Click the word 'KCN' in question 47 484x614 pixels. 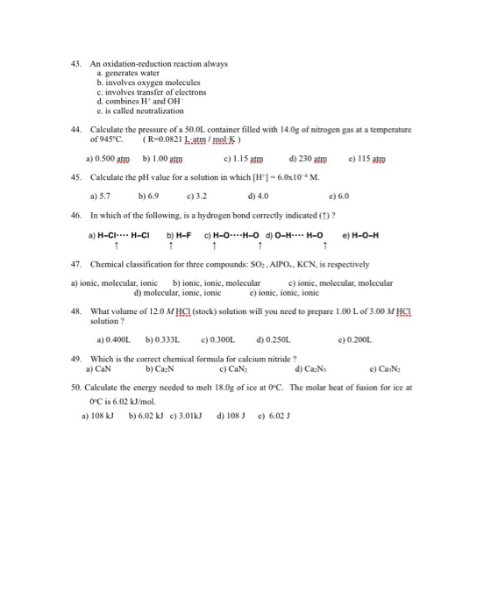coord(303,263)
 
